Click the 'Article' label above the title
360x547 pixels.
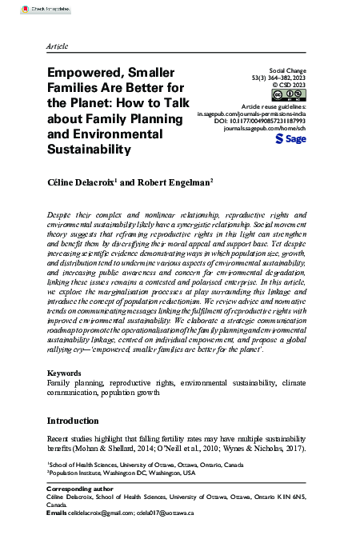(x=57, y=47)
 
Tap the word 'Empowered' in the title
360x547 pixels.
(x=83, y=74)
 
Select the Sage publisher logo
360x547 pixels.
(x=290, y=138)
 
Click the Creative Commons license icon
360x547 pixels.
(x=295, y=95)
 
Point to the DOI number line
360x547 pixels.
(x=272, y=121)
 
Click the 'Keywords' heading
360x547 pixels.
(x=64, y=373)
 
